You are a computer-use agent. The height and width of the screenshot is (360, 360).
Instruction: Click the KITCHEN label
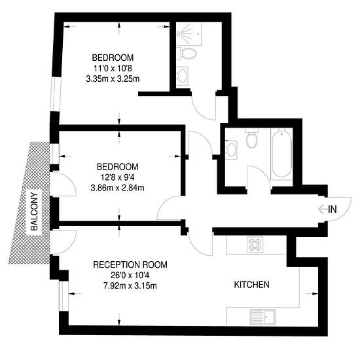click(251, 285)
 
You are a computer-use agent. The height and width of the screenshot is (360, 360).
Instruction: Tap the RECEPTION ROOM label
click(130, 264)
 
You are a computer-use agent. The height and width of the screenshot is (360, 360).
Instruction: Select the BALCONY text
click(35, 211)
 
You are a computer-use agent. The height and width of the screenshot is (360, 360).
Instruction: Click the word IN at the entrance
click(333, 209)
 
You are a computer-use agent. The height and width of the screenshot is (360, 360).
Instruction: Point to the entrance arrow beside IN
click(322, 209)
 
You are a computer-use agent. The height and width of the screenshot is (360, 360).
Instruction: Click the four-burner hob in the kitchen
click(255, 245)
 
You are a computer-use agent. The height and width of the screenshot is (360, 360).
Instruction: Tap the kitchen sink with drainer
click(262, 317)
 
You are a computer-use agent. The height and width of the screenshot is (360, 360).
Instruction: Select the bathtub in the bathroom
click(281, 154)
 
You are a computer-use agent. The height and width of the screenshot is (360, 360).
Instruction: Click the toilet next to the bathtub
click(252, 139)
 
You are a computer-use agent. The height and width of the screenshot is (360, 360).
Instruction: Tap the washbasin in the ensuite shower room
click(183, 76)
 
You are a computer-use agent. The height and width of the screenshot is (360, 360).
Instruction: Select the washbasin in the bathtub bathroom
click(231, 149)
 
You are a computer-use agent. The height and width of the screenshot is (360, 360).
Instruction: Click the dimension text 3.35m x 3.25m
click(113, 79)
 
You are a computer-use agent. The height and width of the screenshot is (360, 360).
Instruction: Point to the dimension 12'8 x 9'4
click(117, 177)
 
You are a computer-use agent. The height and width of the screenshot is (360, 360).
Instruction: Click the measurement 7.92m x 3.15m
click(130, 286)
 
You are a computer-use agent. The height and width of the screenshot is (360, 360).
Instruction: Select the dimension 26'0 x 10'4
click(130, 276)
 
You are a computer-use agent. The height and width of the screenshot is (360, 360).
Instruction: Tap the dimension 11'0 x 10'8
click(113, 68)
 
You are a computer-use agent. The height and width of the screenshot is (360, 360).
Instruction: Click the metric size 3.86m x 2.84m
click(118, 188)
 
